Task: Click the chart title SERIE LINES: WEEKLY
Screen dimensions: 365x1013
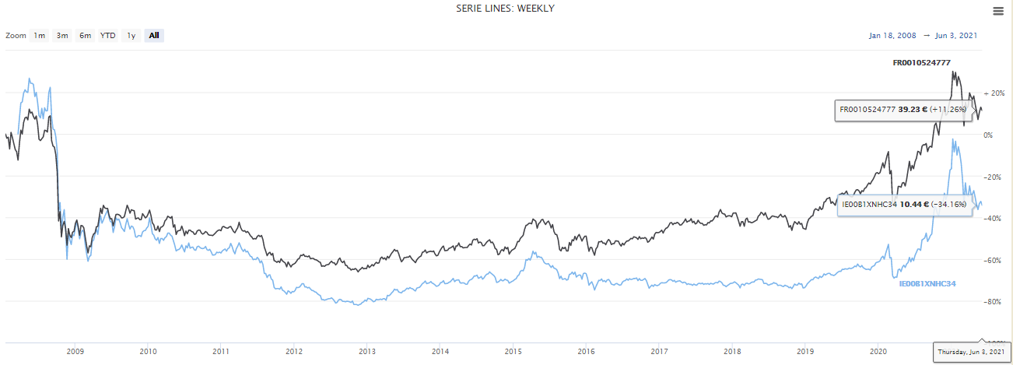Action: coord(505,9)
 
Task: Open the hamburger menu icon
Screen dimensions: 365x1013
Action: coord(998,11)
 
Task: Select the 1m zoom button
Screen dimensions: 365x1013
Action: coord(39,35)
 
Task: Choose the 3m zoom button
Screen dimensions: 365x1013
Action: coord(62,35)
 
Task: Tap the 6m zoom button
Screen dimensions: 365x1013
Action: coord(85,35)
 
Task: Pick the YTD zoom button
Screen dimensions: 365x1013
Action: coord(108,35)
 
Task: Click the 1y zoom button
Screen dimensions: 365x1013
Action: coord(131,35)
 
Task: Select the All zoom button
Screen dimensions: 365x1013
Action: coord(154,35)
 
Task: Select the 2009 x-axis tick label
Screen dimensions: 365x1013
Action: coord(75,352)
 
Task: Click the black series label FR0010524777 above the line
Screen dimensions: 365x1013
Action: coord(922,62)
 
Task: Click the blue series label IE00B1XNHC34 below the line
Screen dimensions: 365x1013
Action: coord(927,284)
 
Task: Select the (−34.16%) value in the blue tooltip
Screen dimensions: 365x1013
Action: coord(945,205)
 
